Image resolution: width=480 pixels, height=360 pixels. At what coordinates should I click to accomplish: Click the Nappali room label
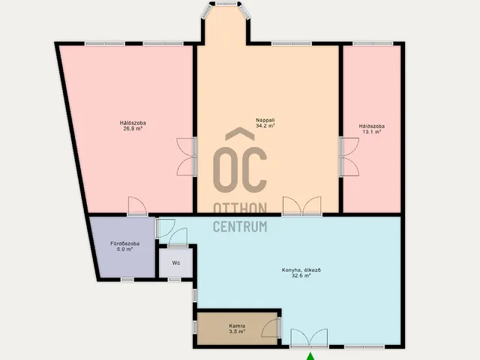pos(265,120)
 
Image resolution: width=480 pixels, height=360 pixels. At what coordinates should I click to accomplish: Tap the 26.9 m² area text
pos(133,128)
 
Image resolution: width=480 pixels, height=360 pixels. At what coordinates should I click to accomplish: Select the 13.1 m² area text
pos(372,132)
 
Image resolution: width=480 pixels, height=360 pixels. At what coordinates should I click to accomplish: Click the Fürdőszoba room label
pos(125,244)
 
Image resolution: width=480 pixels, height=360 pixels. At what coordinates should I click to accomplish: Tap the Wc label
pos(175,262)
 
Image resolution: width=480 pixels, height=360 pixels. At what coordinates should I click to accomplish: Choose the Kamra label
pos(237,326)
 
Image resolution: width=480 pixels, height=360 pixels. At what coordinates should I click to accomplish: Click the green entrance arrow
pos(310,356)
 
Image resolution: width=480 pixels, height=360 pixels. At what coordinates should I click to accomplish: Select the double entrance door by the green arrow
pos(309,338)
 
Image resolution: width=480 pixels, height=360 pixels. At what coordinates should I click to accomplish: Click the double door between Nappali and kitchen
pos(302,206)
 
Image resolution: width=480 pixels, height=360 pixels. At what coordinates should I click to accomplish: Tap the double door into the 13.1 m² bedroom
pos(349,157)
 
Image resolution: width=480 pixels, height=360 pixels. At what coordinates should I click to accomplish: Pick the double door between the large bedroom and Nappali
pos(187,157)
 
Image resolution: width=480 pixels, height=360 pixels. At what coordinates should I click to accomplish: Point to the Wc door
pos(178,237)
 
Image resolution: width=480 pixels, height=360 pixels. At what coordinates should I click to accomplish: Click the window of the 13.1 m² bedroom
pos(373,43)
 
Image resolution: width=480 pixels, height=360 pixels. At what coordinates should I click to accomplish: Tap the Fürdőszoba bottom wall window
pos(127,280)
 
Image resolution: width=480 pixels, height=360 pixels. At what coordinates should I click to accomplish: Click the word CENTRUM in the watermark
pos(240,226)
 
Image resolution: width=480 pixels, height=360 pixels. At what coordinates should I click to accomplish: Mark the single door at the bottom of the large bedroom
pos(137,206)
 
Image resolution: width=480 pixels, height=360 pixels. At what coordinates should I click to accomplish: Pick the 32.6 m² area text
pos(301,275)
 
